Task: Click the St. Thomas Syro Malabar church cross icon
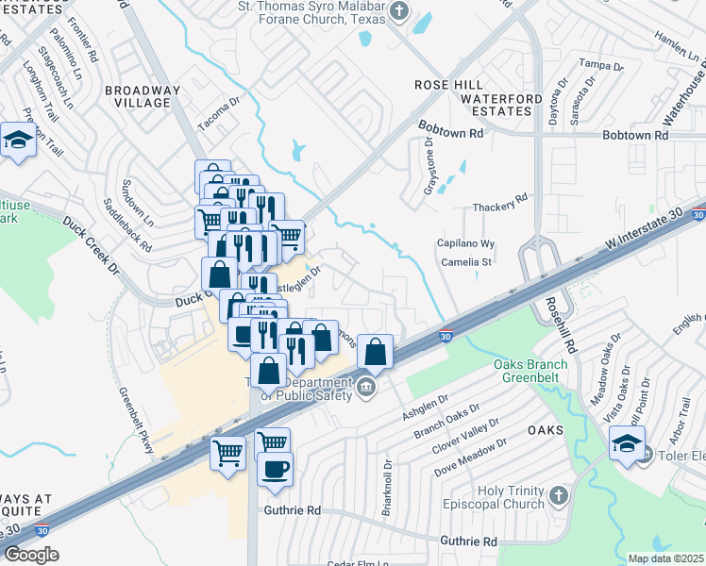pyautogui.click(x=399, y=12)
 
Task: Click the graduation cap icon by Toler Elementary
pyautogui.click(x=627, y=441)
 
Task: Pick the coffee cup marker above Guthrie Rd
pyautogui.click(x=275, y=469)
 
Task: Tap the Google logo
pyautogui.click(x=32, y=554)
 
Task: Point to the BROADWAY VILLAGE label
pyautogui.click(x=142, y=97)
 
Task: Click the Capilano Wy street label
pyautogui.click(x=464, y=244)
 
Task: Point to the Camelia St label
pyautogui.click(x=468, y=262)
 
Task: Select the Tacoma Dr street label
pyautogui.click(x=219, y=113)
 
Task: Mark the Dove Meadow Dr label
pyautogui.click(x=470, y=454)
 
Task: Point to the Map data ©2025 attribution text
pyautogui.click(x=665, y=558)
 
